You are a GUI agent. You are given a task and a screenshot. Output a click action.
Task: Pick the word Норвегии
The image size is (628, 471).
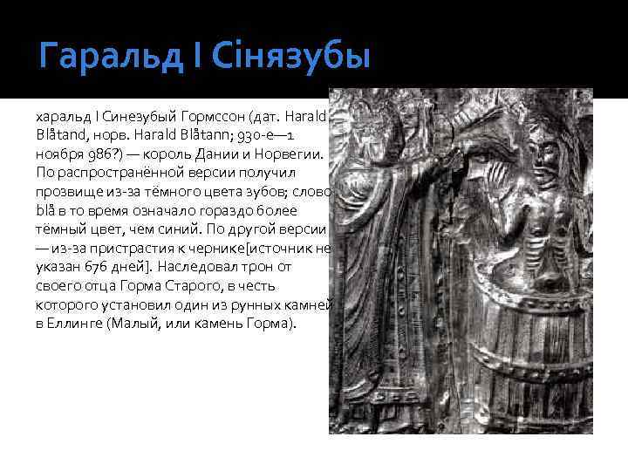287,154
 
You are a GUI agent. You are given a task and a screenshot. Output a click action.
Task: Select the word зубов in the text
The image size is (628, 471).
268,192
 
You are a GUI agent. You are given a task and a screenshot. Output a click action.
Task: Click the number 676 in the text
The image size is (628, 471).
102,268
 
